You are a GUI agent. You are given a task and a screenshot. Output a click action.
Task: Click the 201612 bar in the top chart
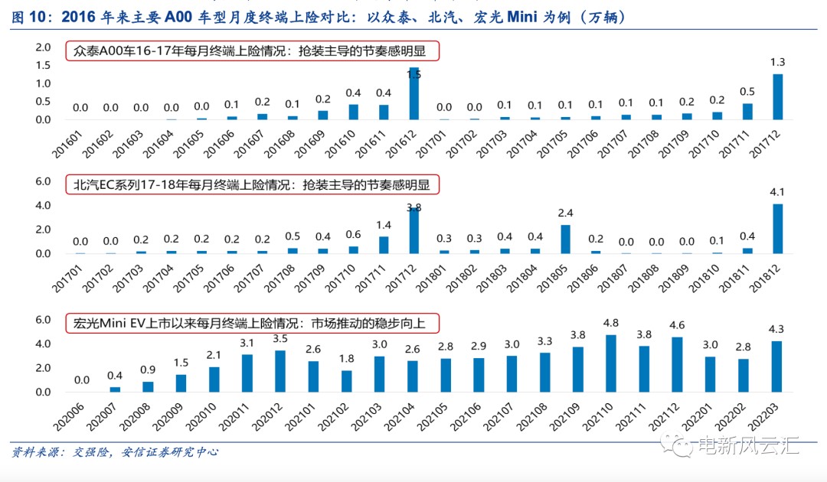(x=414, y=93)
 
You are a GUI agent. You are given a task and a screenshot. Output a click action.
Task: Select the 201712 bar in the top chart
(x=778, y=96)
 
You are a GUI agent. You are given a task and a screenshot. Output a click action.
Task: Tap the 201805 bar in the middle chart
(x=566, y=239)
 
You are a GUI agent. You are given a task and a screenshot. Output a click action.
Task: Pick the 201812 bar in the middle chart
(x=778, y=228)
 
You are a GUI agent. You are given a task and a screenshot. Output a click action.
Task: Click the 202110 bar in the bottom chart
(x=610, y=363)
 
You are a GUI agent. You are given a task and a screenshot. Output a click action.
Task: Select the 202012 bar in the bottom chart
(x=280, y=371)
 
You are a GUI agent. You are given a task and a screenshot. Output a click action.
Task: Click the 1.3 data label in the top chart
(x=778, y=62)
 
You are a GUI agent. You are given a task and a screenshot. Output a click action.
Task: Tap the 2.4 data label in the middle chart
(x=566, y=213)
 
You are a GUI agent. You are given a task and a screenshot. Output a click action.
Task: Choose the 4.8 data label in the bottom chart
(x=610, y=323)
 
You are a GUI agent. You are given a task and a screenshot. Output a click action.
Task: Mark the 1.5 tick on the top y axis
(x=42, y=65)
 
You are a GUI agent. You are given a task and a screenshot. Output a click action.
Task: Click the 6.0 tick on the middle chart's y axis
(x=42, y=181)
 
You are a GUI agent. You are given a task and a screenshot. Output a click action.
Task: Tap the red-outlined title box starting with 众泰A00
(x=256, y=51)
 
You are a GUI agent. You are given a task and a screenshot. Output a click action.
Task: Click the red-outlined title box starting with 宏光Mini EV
(x=256, y=323)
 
